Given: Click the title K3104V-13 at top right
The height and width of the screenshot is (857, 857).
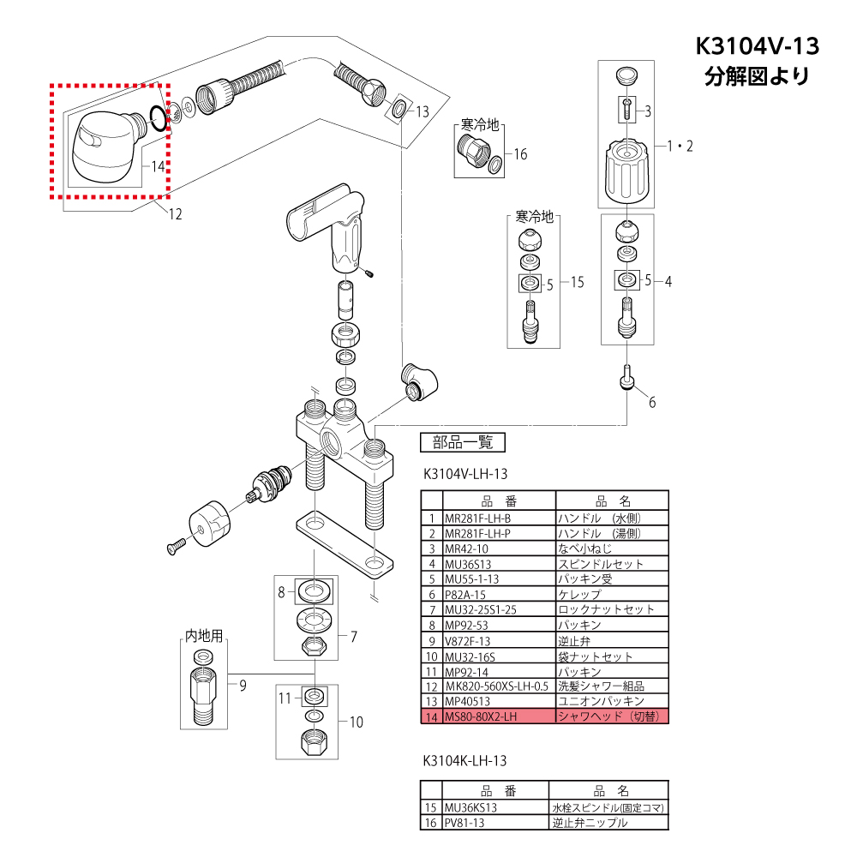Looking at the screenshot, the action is (757, 46).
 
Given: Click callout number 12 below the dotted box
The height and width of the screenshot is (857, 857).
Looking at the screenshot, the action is (175, 213).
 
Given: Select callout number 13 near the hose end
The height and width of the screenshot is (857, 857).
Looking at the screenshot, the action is (423, 111).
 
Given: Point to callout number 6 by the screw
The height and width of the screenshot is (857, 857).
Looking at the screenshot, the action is (652, 402).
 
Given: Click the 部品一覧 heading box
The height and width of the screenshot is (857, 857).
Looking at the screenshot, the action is (463, 442).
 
